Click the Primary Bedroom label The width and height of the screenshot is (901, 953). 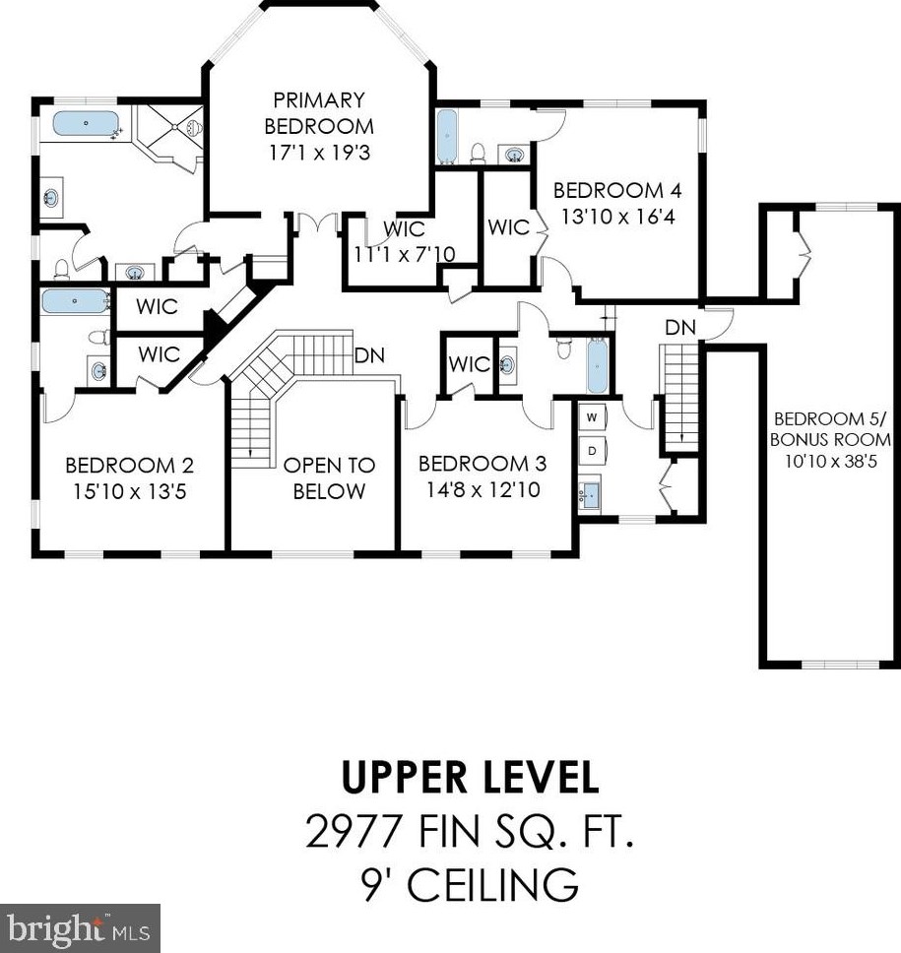319,113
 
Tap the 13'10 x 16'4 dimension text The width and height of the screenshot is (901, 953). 617,217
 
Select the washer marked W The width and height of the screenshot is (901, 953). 592,417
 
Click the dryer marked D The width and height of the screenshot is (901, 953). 592,450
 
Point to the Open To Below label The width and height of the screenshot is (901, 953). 329,478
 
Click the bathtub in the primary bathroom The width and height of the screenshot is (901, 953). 86,124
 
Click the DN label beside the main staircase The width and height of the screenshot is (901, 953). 369,355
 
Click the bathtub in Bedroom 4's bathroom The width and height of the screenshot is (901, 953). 447,137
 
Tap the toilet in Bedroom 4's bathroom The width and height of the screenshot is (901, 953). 478,154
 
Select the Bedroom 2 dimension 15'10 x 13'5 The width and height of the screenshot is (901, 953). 130,491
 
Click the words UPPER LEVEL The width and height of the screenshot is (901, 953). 470,778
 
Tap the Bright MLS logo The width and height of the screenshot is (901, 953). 80,928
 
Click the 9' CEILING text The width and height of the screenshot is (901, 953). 469,884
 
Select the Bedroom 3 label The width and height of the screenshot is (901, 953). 483,464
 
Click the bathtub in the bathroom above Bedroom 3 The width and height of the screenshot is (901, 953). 598,366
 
